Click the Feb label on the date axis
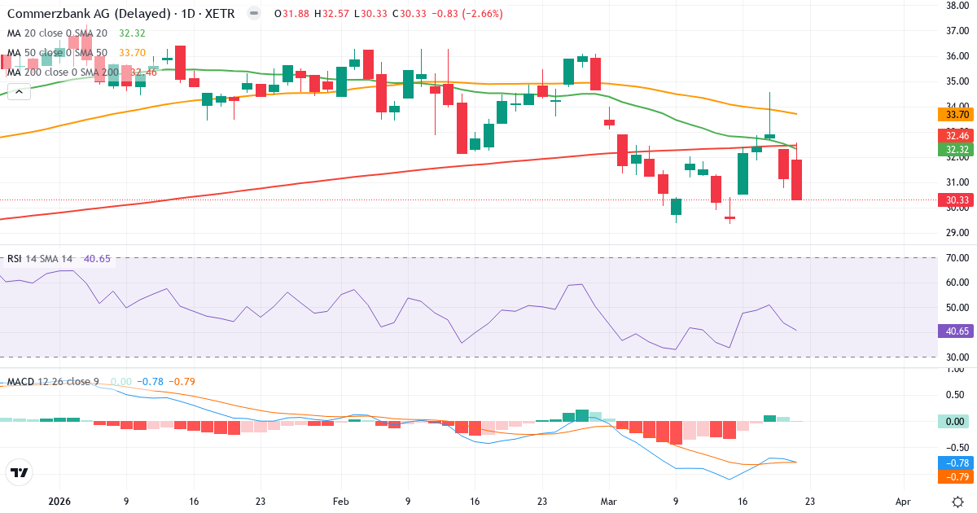tap(341, 502)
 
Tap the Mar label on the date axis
tap(610, 502)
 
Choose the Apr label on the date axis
tap(902, 502)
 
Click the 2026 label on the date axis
tap(60, 502)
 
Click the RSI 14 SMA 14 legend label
tap(39, 259)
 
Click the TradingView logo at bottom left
tap(20, 472)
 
